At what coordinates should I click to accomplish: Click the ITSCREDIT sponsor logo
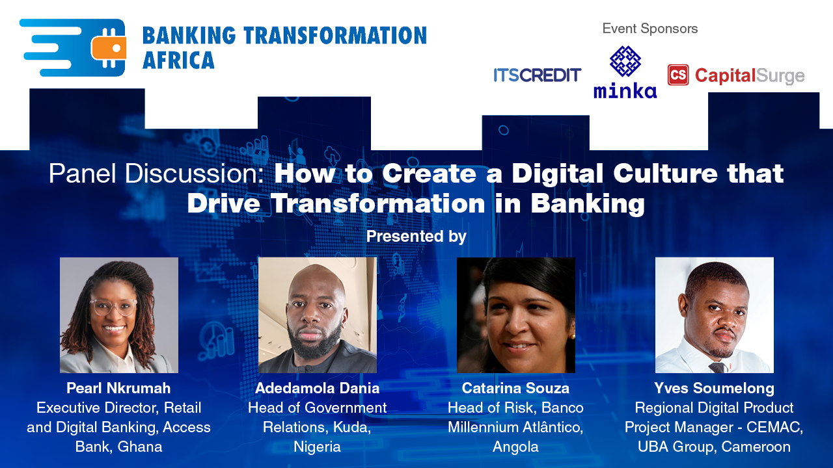tap(537, 75)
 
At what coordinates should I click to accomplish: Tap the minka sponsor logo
tap(625, 73)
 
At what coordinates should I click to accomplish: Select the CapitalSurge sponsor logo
tap(736, 76)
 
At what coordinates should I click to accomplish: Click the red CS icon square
tap(678, 75)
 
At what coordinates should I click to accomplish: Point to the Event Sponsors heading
tap(649, 29)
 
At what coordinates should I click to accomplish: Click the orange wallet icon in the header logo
tap(109, 48)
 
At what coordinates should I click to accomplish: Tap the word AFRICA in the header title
tap(178, 60)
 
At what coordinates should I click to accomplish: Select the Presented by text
tap(416, 236)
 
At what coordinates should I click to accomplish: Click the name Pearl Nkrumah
tap(118, 388)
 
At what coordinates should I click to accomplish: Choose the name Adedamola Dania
tap(317, 388)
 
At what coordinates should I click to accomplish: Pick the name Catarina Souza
tap(515, 388)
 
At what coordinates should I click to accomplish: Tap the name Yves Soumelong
tap(714, 388)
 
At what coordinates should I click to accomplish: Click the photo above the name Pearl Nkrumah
tap(119, 315)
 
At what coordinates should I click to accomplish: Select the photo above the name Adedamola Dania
tap(318, 315)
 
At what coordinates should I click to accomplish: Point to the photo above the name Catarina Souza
tap(515, 315)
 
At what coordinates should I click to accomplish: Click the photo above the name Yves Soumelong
tap(714, 315)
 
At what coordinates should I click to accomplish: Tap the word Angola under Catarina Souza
tap(515, 447)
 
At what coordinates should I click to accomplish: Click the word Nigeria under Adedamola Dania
tap(317, 447)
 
